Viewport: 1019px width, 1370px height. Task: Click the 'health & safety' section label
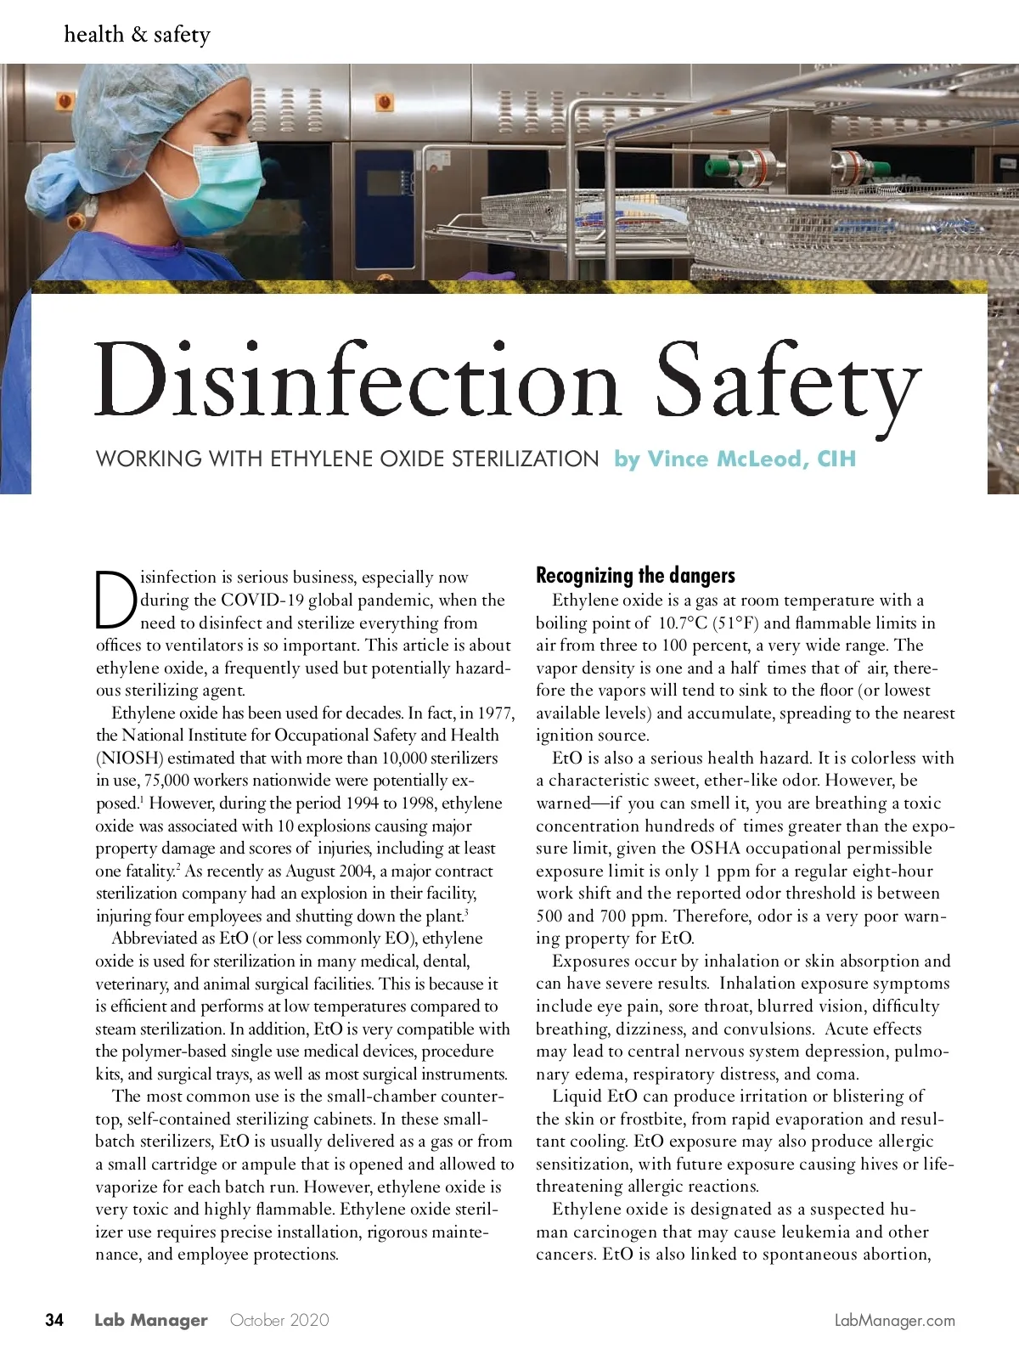[x=137, y=35]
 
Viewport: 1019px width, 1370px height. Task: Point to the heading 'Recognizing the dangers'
[x=635, y=576]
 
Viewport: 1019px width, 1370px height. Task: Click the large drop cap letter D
[x=115, y=599]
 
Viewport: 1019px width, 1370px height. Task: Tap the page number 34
[x=54, y=1320]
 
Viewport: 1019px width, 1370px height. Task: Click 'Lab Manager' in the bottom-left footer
[x=150, y=1320]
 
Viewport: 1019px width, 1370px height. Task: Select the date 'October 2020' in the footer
[x=279, y=1320]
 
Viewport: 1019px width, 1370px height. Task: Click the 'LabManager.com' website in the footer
[x=895, y=1321]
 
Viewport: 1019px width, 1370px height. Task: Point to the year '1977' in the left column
[x=496, y=713]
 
